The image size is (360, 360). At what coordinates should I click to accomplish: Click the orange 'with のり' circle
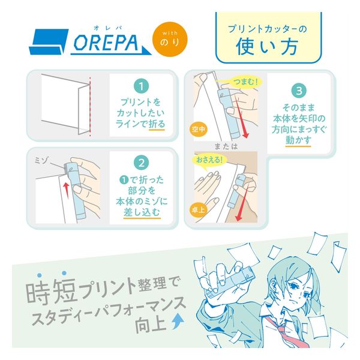(x=170, y=39)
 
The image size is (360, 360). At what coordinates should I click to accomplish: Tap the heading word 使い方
(x=267, y=47)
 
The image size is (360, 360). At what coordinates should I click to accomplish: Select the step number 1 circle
(x=141, y=86)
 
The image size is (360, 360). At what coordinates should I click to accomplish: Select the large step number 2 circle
(x=141, y=163)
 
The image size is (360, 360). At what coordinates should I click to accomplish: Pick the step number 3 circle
(x=299, y=91)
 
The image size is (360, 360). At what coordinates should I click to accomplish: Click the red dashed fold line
(x=90, y=107)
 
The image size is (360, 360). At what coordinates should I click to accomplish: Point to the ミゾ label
(x=41, y=160)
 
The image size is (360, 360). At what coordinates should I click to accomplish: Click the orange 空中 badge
(x=199, y=129)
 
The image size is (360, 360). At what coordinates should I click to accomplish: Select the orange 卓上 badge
(x=199, y=209)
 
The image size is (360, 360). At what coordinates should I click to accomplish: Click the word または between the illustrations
(x=226, y=146)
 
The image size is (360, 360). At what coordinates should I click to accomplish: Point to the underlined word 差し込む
(x=142, y=212)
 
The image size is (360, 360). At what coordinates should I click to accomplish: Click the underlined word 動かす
(x=298, y=140)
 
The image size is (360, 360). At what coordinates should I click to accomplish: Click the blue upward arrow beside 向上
(x=178, y=322)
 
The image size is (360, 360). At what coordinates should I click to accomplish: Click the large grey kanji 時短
(x=50, y=291)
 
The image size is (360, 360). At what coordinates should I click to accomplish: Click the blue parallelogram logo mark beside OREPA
(x=49, y=42)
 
